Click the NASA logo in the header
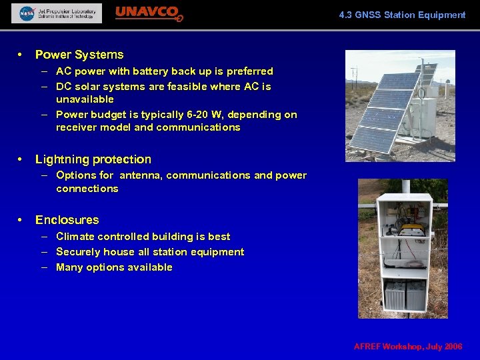(x=27, y=13)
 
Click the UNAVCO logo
(x=149, y=13)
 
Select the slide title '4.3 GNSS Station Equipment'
(x=402, y=15)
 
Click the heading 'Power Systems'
(x=79, y=55)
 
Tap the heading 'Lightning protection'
(x=93, y=159)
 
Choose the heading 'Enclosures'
(x=67, y=220)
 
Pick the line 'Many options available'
(x=114, y=267)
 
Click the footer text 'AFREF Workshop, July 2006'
(x=408, y=347)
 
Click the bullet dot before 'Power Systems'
(x=21, y=55)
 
